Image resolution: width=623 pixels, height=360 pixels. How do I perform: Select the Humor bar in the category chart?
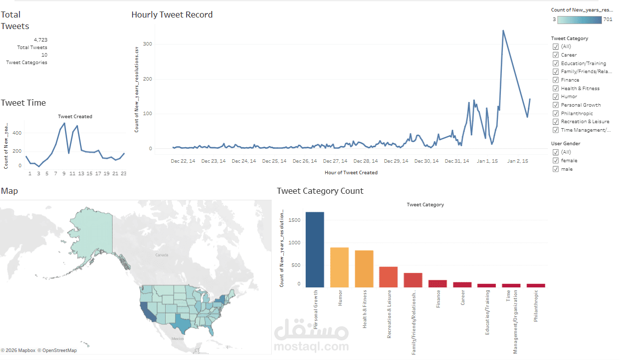click(339, 267)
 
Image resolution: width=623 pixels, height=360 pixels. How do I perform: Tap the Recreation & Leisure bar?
click(388, 277)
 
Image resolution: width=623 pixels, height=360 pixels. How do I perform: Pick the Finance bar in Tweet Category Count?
click(437, 283)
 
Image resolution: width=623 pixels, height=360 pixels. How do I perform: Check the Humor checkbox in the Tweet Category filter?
click(555, 97)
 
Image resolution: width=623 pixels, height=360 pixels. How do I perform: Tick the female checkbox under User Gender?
click(555, 161)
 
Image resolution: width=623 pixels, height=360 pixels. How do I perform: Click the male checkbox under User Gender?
click(555, 169)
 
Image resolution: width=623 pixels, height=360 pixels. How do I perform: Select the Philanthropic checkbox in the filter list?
click(555, 114)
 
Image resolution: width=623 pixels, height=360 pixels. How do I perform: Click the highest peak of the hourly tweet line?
click(503, 31)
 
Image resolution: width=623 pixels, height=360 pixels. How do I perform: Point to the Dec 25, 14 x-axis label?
click(274, 161)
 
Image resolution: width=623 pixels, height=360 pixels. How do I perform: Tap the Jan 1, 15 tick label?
click(487, 161)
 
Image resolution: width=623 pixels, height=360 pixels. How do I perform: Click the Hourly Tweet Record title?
click(172, 15)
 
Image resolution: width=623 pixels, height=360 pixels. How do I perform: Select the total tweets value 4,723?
click(41, 40)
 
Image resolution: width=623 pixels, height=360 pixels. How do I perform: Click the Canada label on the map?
click(162, 255)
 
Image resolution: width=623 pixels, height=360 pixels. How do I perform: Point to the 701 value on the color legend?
click(607, 20)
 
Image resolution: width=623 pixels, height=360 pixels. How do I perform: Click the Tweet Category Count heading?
click(320, 191)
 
